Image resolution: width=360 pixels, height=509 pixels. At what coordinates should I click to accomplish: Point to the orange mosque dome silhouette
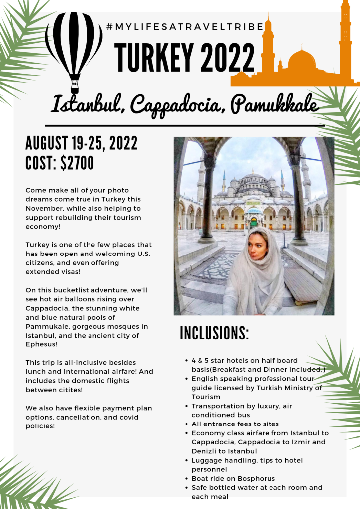302,62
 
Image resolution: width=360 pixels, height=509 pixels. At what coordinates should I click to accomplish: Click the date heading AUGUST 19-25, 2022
82,144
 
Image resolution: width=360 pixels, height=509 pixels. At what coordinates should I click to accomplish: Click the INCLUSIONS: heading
214,333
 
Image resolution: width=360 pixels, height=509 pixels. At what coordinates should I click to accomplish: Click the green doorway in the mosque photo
254,222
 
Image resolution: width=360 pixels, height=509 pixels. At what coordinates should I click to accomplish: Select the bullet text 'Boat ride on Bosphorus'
233,478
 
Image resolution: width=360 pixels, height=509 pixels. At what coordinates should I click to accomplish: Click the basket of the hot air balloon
75,90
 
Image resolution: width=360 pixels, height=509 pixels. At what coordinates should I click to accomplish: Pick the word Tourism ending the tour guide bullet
206,397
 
